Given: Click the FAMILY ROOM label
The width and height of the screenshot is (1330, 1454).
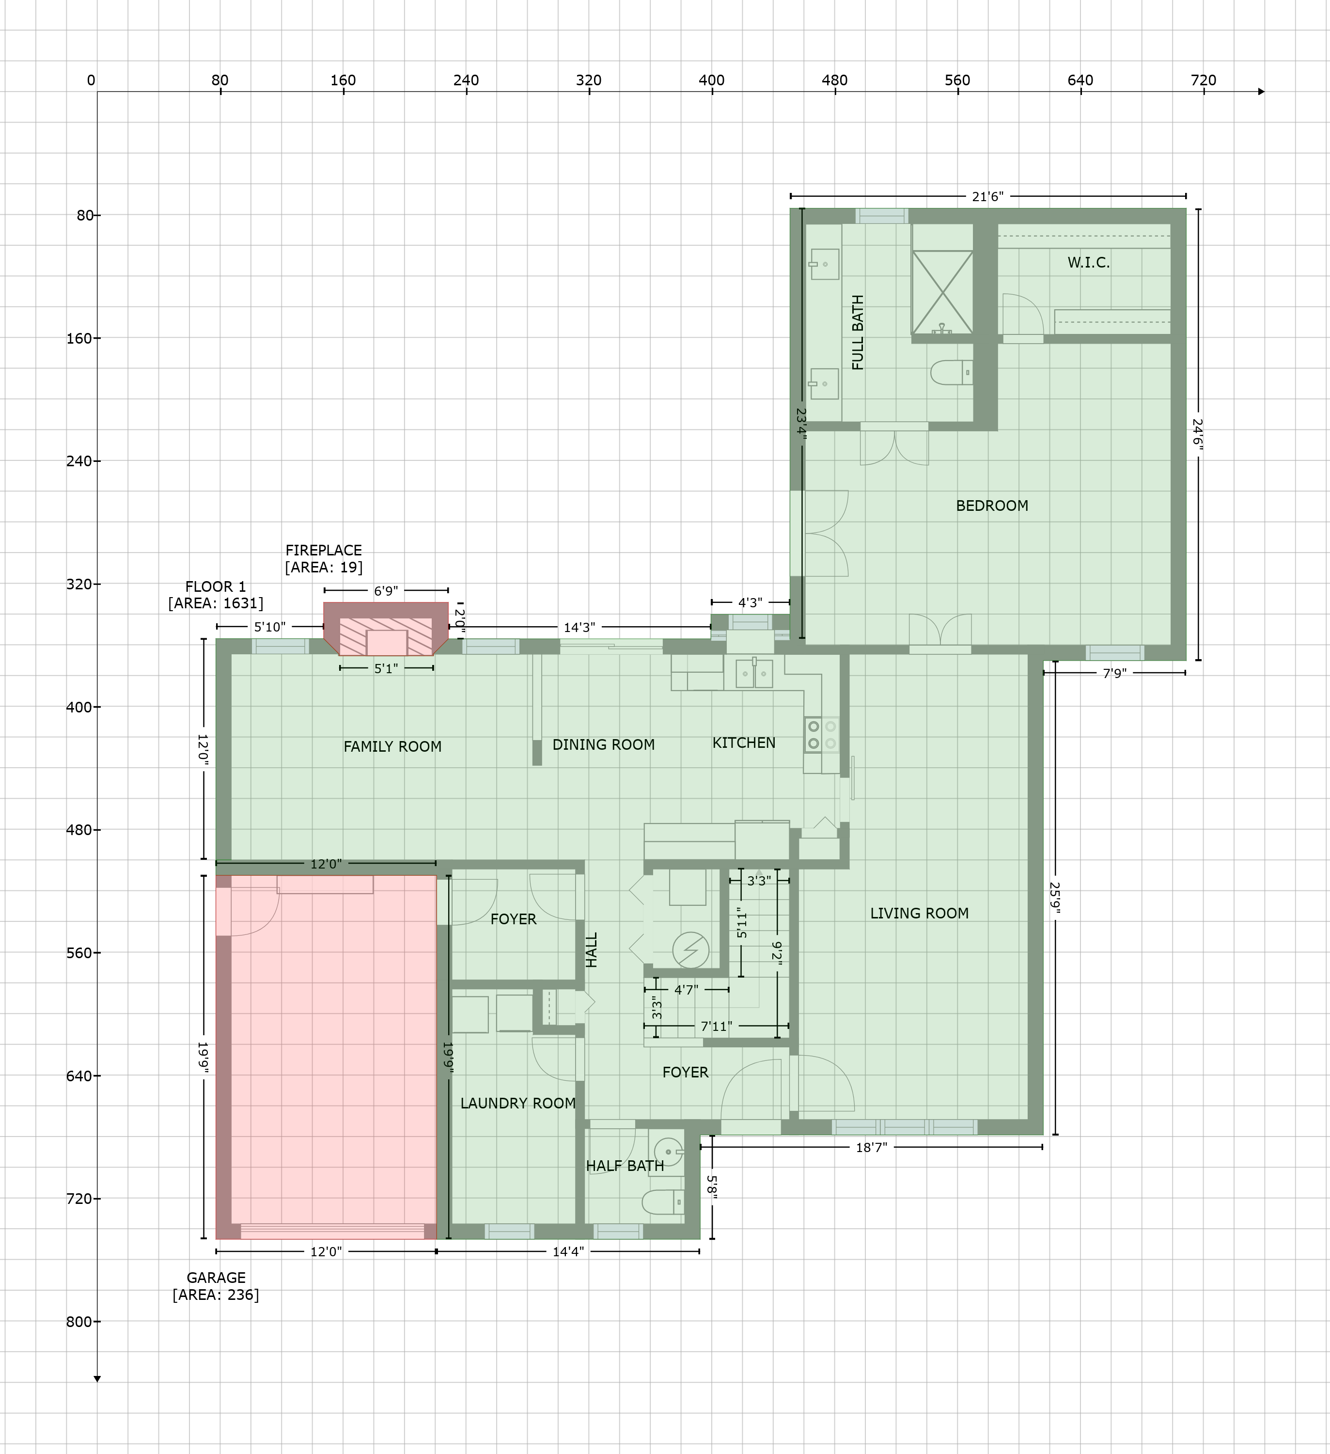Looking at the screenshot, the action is coord(392,746).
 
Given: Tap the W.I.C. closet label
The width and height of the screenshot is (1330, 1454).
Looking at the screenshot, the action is coord(1089,263).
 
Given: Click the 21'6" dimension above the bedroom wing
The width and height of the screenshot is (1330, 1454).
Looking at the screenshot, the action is coord(987,196).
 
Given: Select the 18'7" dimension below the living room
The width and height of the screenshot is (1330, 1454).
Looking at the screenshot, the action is coord(871,1147).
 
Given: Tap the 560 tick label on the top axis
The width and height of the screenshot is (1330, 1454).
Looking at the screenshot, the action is coord(957,80).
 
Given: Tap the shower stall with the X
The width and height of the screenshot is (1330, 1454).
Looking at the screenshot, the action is coord(942,292).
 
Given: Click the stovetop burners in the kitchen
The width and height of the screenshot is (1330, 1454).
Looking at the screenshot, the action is coord(822,734).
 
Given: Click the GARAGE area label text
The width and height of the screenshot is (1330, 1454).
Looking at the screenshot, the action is coord(216,1286).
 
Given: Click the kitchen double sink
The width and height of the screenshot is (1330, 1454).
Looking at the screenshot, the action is coord(754,674).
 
